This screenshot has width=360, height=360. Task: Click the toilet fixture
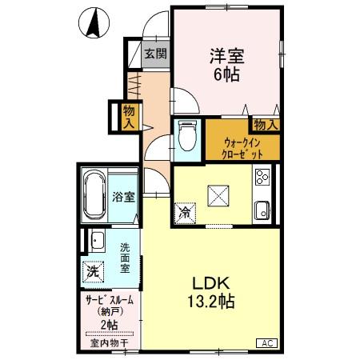187,135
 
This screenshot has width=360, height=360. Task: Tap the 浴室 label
124,195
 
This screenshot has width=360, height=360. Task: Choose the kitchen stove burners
263,178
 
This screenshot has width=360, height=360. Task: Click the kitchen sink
263,211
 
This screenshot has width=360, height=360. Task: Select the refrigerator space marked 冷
185,214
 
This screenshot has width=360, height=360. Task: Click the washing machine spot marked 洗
94,270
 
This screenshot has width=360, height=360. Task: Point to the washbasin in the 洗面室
96,240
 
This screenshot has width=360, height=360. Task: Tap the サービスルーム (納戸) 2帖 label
110,311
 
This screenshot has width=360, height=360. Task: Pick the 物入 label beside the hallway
128,115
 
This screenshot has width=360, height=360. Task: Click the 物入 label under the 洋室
266,124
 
